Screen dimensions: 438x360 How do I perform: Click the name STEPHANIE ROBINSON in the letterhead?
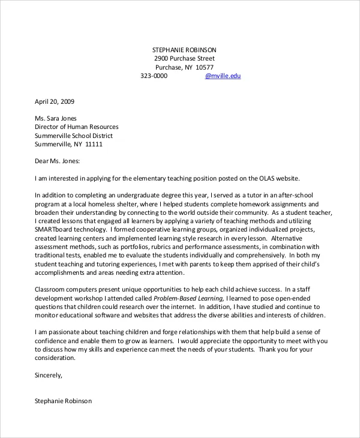(184, 49)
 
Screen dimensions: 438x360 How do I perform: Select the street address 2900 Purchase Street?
(184, 58)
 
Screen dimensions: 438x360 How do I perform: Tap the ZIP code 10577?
(204, 67)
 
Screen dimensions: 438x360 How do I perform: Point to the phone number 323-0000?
(154, 76)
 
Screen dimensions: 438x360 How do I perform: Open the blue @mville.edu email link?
(223, 76)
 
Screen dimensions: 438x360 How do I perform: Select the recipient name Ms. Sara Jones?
(56, 118)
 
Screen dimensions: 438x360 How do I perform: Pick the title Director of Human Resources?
(77, 127)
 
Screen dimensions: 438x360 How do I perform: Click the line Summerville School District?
(74, 136)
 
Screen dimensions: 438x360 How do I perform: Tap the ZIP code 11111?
(94, 145)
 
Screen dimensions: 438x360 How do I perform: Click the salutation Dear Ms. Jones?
(57, 161)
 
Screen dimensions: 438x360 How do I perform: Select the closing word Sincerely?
(49, 375)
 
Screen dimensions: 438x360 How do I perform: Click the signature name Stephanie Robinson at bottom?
(64, 400)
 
